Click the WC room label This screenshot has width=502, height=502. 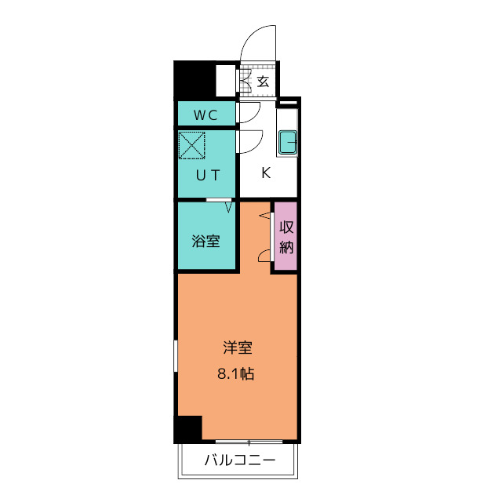pos(206,115)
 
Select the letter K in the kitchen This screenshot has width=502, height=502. pos(266,173)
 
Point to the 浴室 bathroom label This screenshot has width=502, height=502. pos(206,242)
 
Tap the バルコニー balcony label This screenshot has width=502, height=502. pos(240,460)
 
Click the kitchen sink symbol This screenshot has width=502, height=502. pos(288,143)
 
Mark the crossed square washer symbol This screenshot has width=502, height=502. pos(191,146)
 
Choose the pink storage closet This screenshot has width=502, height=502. pos(286,237)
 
